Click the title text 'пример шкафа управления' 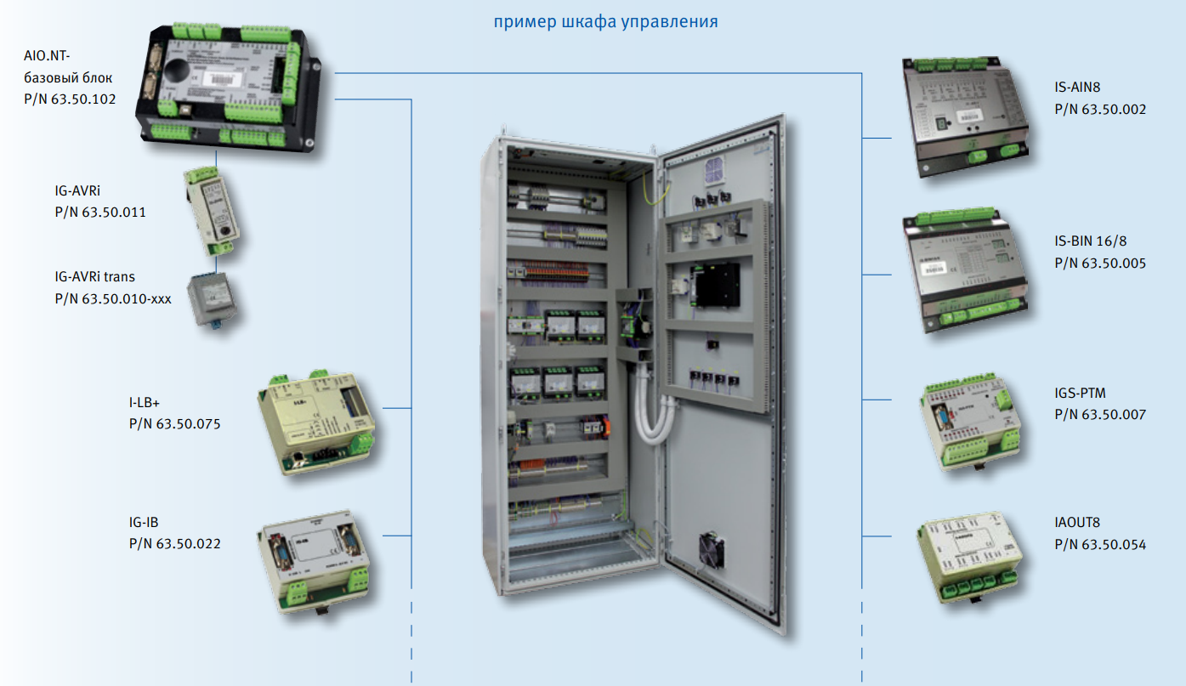(x=605, y=21)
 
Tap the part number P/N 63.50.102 (x=70, y=99)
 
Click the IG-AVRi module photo (x=212, y=209)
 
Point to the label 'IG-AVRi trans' (x=94, y=276)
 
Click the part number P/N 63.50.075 (x=174, y=422)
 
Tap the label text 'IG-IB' (x=144, y=523)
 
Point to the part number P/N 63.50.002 (x=1100, y=109)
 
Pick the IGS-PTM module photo (x=970, y=422)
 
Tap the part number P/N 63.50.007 (x=1100, y=415)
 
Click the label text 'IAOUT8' (x=1077, y=523)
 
